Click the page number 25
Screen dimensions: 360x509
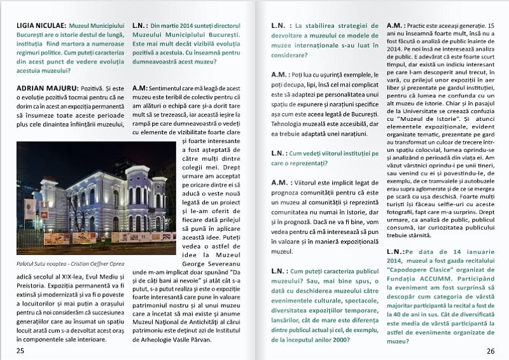click(21, 350)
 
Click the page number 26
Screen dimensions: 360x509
click(490, 350)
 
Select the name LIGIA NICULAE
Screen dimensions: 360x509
click(39, 25)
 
